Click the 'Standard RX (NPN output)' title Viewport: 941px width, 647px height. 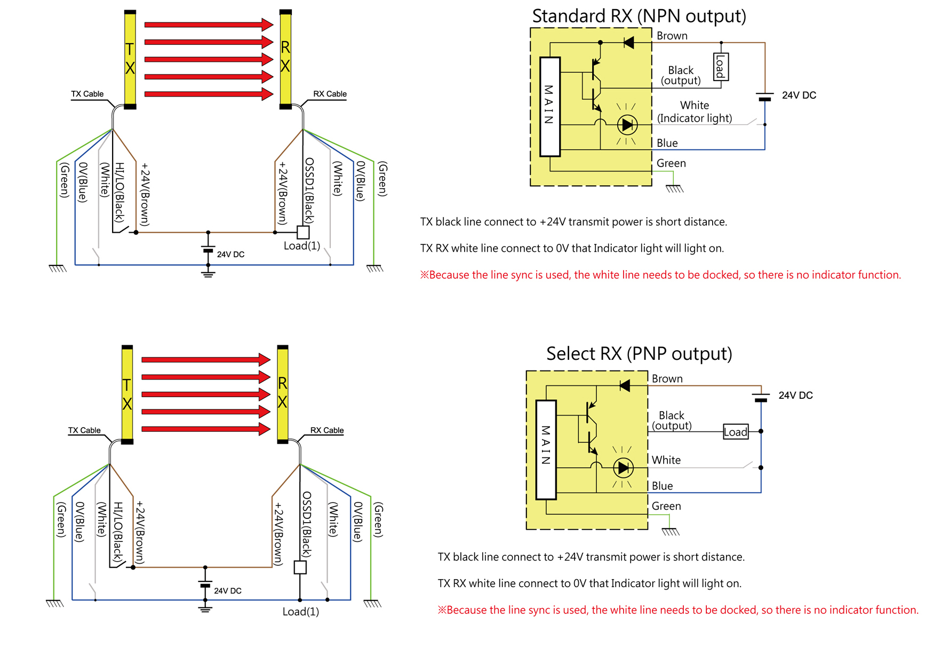[639, 16]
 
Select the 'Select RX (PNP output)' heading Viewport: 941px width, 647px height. [639, 353]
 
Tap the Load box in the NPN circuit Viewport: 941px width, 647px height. [721, 67]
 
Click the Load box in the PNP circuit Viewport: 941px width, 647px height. [736, 432]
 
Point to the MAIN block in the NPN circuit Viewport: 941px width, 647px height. [550, 106]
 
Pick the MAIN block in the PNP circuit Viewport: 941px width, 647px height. [546, 449]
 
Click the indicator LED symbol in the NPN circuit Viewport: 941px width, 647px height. [627, 125]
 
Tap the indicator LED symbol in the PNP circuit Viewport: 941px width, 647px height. [623, 468]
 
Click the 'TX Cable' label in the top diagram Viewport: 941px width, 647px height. [87, 94]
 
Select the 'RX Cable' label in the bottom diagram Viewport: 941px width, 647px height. [326, 430]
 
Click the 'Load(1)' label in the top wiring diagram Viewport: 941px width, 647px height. [302, 246]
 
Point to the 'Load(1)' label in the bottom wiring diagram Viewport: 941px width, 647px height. [301, 612]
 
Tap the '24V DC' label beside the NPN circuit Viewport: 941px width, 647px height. [799, 96]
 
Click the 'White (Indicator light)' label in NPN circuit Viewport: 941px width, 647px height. [694, 112]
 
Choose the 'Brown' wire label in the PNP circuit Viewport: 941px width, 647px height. [667, 378]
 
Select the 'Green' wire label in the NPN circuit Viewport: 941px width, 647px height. [671, 163]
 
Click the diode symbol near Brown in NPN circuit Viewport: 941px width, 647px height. [629, 43]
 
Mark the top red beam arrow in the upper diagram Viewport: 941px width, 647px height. [209, 25]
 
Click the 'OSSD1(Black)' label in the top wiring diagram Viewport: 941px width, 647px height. [309, 190]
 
